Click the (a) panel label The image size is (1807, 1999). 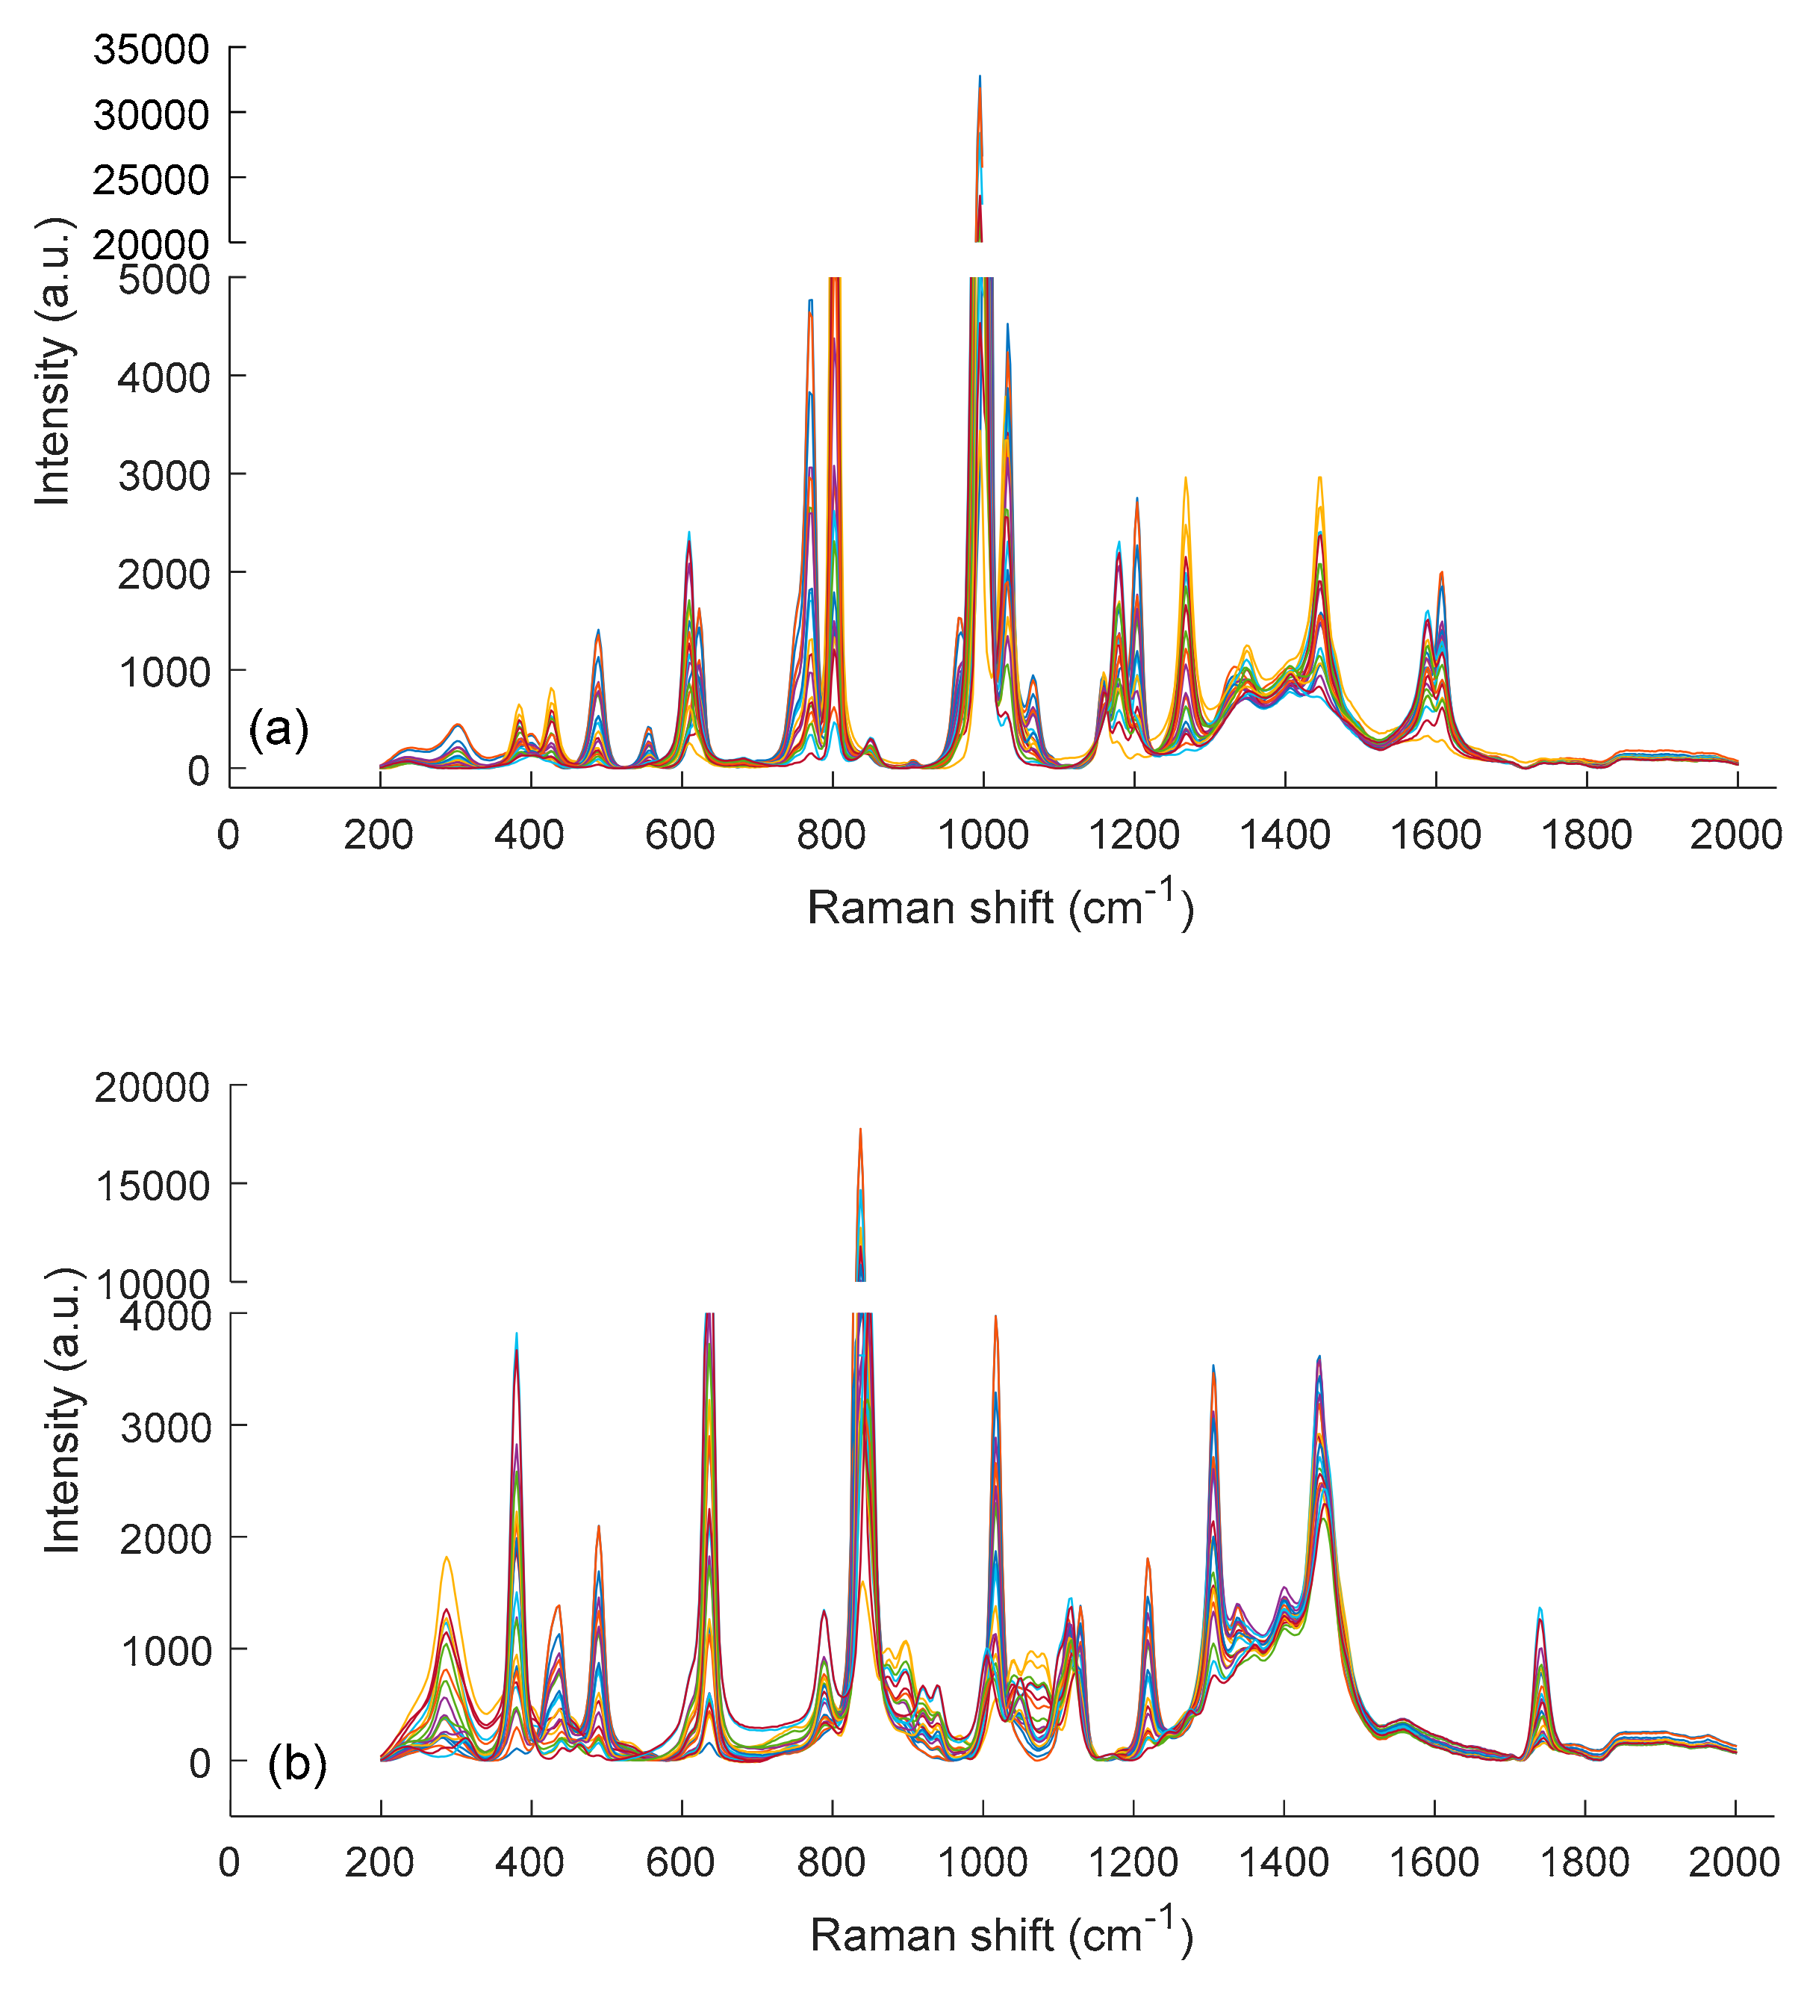pos(279,729)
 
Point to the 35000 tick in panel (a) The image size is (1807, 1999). pos(152,49)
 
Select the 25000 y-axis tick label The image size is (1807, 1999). pos(152,179)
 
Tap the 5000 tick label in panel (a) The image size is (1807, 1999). pos(164,279)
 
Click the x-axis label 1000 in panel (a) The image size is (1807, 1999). pos(983,835)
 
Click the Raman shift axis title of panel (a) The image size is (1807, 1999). pos(1000,905)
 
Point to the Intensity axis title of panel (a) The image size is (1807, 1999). pos(54,362)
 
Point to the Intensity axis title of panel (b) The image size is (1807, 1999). pos(63,1410)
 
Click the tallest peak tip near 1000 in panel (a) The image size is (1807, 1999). pos(980,76)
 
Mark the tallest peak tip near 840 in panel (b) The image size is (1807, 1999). pos(860,1129)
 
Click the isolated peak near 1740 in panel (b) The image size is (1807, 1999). pos(1540,1608)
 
